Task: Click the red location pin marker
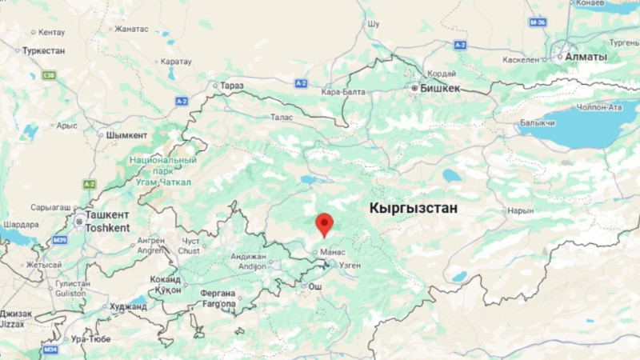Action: click(324, 223)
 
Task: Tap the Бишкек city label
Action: click(440, 88)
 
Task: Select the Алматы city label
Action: click(586, 58)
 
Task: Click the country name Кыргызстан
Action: click(413, 208)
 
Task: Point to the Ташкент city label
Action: click(107, 215)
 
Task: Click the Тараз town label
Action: click(232, 85)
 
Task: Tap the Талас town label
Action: click(282, 117)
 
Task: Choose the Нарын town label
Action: click(520, 210)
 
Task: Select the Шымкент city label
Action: click(127, 135)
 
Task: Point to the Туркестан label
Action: click(43, 50)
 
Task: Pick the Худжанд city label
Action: click(128, 306)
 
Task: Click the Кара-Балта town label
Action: click(342, 92)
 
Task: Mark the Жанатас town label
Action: click(131, 29)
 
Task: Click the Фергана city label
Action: click(218, 293)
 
